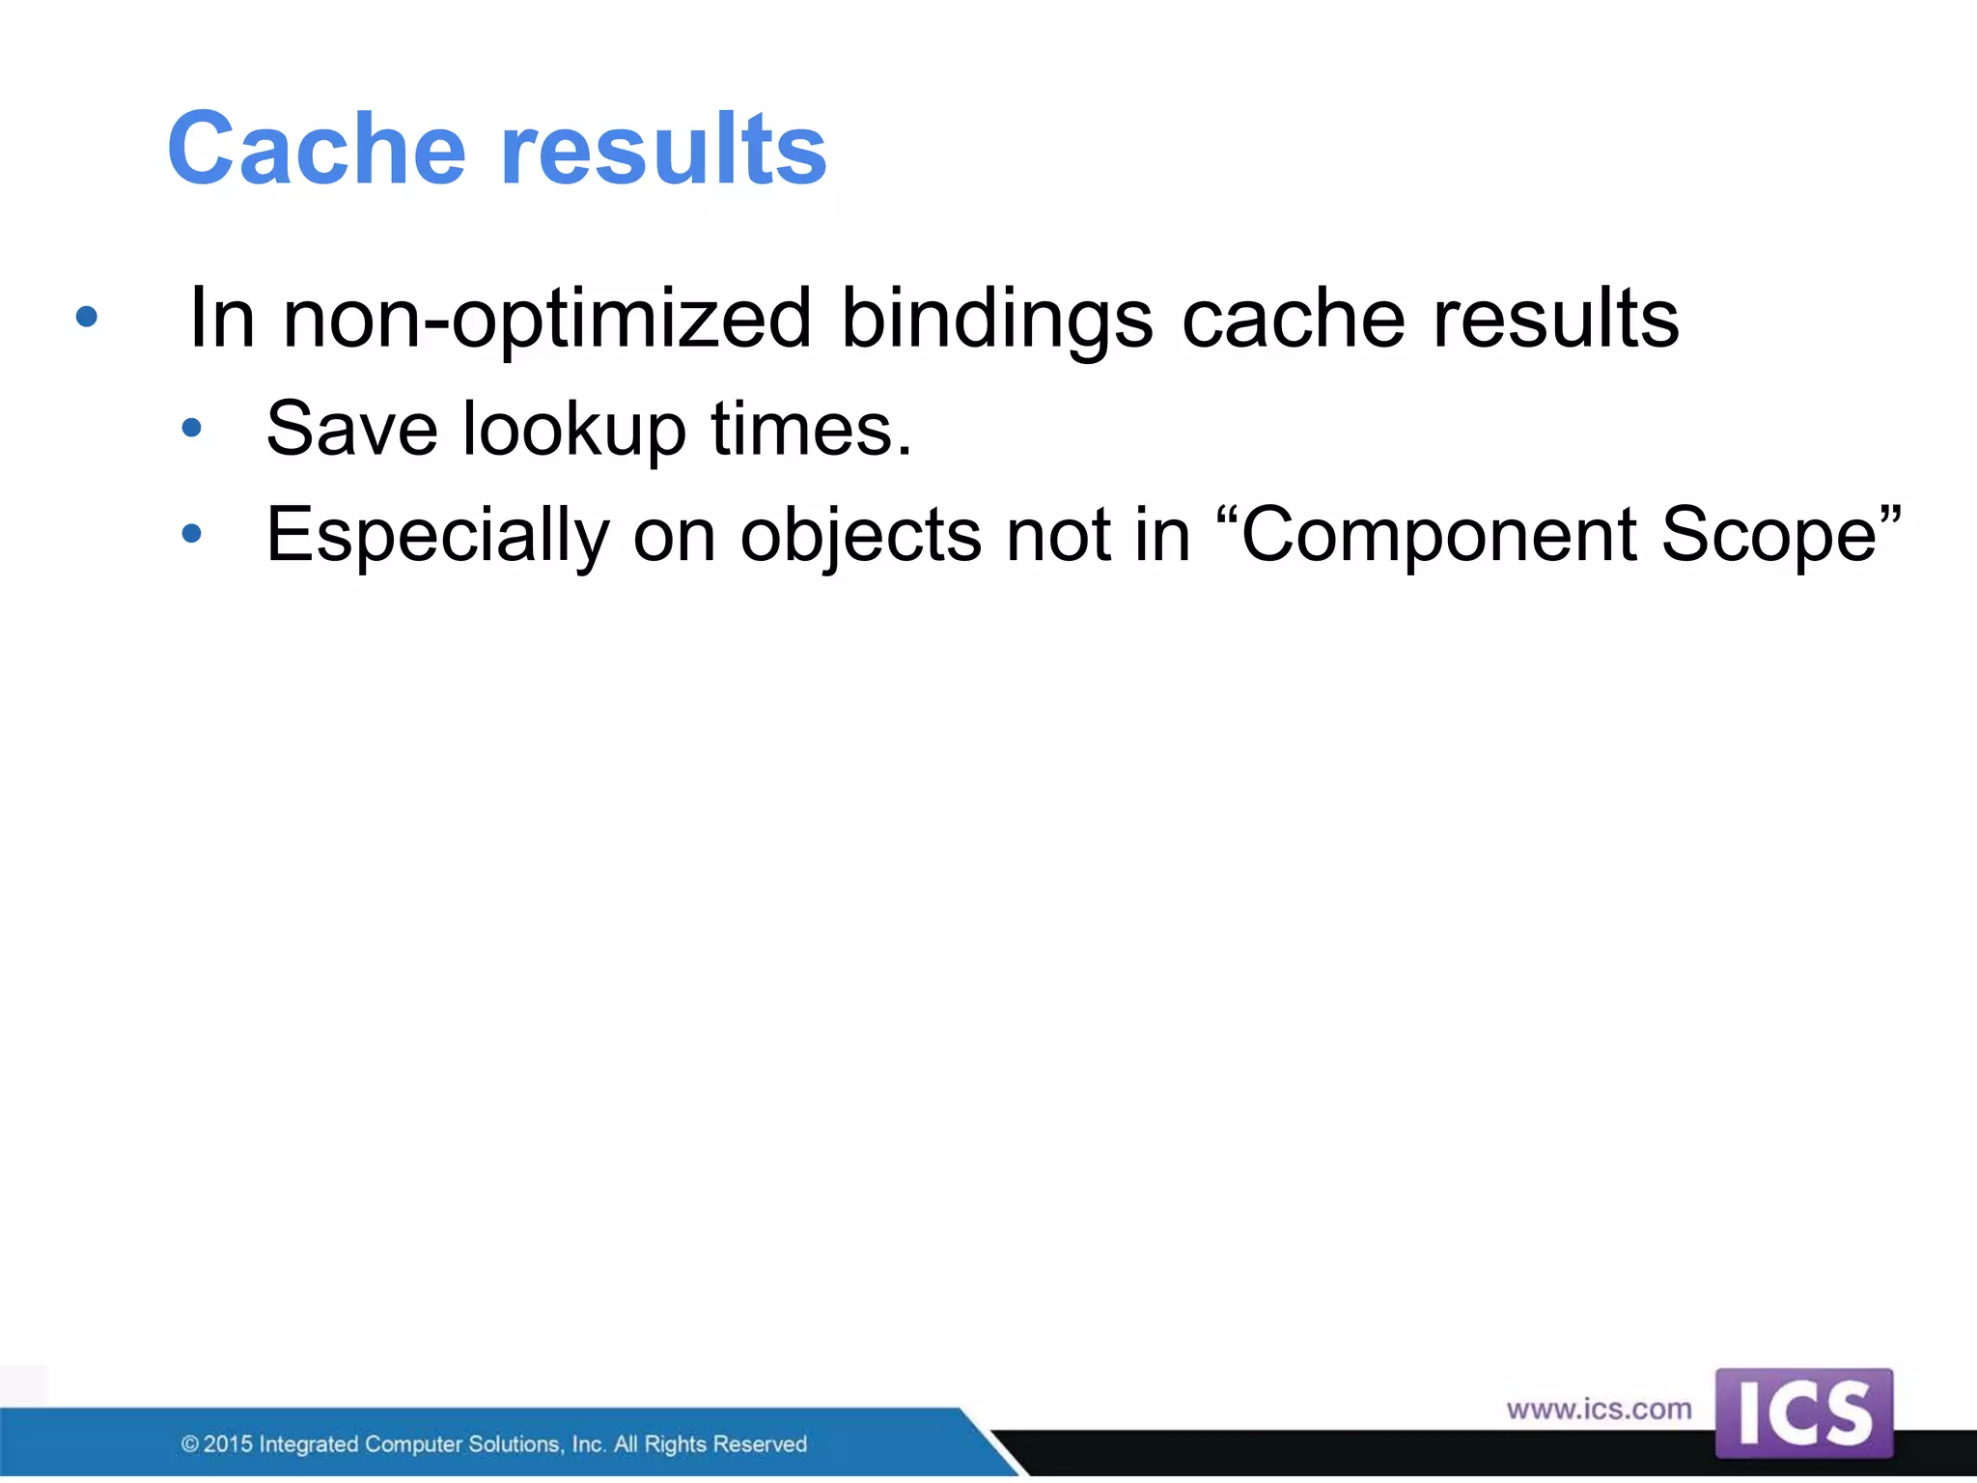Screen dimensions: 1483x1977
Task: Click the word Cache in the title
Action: click(x=317, y=150)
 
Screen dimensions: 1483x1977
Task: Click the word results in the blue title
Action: click(x=663, y=150)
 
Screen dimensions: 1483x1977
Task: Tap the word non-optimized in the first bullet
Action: click(x=546, y=320)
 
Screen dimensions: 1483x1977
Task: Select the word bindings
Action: click(x=996, y=320)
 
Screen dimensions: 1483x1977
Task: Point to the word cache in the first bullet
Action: click(x=1293, y=320)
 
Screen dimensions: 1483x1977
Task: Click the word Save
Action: click(x=352, y=429)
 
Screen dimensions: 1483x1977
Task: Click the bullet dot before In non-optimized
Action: click(x=87, y=317)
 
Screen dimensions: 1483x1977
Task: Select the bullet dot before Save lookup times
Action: click(x=192, y=428)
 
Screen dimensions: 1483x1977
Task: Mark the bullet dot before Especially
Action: click(x=192, y=533)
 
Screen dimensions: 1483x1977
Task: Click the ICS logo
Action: click(x=1803, y=1413)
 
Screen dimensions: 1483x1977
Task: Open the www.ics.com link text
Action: click(x=1599, y=1410)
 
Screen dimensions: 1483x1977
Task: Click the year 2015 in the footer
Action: click(x=228, y=1444)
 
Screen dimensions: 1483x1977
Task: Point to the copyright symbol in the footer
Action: click(x=190, y=1445)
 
